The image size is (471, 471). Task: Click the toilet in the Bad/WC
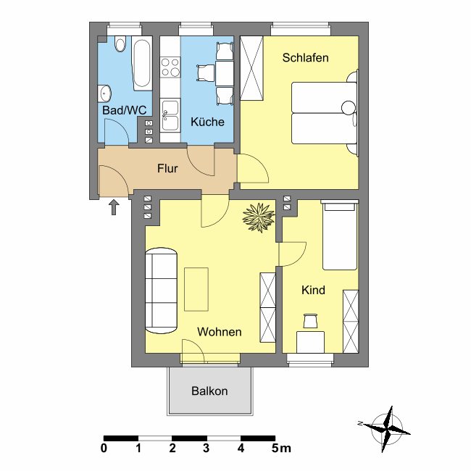click(x=120, y=44)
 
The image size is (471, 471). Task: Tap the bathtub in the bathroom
click(x=142, y=63)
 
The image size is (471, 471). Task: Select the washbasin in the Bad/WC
click(x=104, y=93)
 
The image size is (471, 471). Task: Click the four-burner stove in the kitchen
click(x=170, y=67)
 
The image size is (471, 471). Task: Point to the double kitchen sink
click(x=170, y=115)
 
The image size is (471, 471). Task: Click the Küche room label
click(x=207, y=122)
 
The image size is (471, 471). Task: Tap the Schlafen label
click(x=305, y=58)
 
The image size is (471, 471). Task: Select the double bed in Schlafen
click(x=325, y=113)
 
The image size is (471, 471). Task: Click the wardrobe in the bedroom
click(x=251, y=68)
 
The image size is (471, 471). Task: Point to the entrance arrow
click(x=114, y=207)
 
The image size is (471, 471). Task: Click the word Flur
click(x=167, y=169)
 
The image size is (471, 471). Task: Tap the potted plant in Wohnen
click(x=259, y=217)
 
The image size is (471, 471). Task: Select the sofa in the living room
click(x=161, y=291)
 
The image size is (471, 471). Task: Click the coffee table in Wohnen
click(x=196, y=289)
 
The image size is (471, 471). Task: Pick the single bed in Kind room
click(x=340, y=235)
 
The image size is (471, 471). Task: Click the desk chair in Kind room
click(x=310, y=321)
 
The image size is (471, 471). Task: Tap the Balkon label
click(x=209, y=391)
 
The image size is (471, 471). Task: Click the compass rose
click(x=386, y=429)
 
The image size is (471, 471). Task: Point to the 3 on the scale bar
click(x=206, y=448)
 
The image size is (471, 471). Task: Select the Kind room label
click(x=313, y=290)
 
